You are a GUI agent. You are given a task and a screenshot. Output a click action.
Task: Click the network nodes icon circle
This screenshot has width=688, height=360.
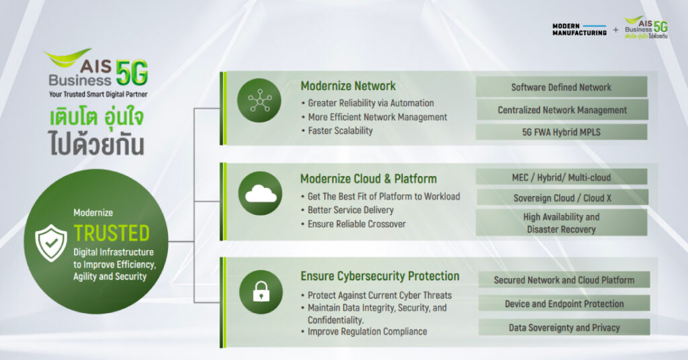coord(259,100)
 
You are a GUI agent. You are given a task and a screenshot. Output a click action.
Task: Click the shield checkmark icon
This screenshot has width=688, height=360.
coord(52,242)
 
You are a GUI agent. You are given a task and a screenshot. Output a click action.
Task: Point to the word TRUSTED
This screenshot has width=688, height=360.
coord(112,233)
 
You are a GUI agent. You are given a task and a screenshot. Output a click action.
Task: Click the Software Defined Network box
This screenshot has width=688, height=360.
coord(561,87)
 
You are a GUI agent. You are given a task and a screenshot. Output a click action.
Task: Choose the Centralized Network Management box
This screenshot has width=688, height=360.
coord(562,109)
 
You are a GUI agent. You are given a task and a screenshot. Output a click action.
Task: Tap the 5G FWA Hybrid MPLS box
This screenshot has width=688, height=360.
coord(562,132)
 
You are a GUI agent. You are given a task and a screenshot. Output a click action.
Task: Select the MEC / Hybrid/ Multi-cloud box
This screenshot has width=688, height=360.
coord(562,177)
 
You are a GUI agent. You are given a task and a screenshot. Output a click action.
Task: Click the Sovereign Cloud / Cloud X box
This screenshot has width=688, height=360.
coord(562,199)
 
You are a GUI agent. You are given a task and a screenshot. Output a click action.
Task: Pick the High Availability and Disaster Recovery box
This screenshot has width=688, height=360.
coord(562,223)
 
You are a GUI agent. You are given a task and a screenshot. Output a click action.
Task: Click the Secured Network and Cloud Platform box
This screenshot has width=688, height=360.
coord(564,280)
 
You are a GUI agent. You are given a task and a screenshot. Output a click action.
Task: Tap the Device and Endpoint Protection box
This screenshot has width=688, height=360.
coord(564,304)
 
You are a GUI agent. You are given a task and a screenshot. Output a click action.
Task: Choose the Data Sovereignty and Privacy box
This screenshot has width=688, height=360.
coord(564,328)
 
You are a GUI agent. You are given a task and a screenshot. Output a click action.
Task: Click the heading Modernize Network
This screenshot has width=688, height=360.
coord(348,86)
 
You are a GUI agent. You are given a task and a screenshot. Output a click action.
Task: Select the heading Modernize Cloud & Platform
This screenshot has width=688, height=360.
coord(368,179)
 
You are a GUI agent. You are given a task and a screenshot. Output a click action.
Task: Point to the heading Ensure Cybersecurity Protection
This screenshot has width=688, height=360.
coord(380,276)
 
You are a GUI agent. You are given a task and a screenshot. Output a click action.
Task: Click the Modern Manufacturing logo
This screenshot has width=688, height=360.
coord(579,29)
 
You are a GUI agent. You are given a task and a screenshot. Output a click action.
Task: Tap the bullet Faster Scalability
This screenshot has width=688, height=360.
coord(340,130)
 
